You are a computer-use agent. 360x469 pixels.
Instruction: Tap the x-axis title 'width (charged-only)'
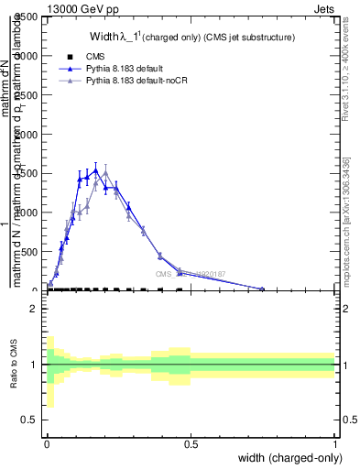pyautogui.click(x=288, y=457)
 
